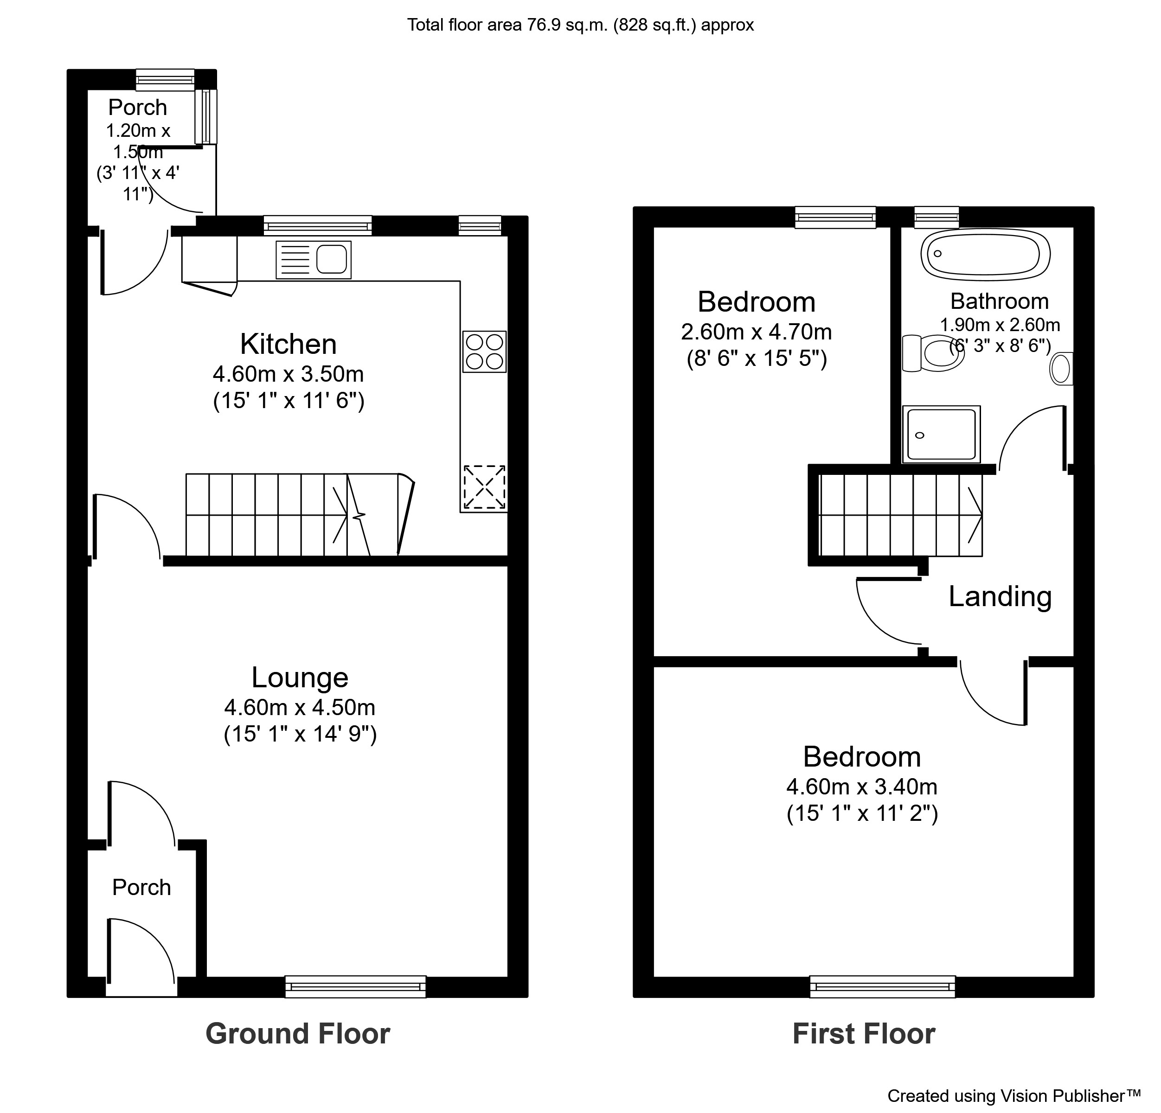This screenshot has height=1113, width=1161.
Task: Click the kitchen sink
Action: tap(314, 259)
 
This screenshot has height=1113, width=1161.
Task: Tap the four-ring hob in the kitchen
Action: tap(485, 351)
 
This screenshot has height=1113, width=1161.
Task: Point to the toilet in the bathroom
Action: tap(933, 353)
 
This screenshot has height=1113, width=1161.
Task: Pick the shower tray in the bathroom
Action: tap(941, 434)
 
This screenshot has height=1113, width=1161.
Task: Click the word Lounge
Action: tap(300, 677)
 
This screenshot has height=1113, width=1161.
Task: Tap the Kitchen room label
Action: tap(289, 344)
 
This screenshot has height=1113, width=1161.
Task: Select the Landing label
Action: tap(1000, 596)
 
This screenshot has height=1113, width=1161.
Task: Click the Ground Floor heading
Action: tap(298, 1034)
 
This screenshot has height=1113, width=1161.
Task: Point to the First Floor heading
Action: tap(864, 1034)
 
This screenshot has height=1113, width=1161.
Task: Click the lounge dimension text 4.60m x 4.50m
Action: tap(300, 707)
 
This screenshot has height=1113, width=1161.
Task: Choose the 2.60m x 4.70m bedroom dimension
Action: tap(757, 332)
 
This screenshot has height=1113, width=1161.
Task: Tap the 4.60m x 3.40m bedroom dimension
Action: tap(862, 787)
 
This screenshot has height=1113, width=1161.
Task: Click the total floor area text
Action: tap(581, 25)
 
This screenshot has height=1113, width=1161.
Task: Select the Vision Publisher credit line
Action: tap(1014, 1095)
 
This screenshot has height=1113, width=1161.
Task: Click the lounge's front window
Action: tap(355, 986)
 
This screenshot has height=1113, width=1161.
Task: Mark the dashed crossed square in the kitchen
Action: tap(485, 487)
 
